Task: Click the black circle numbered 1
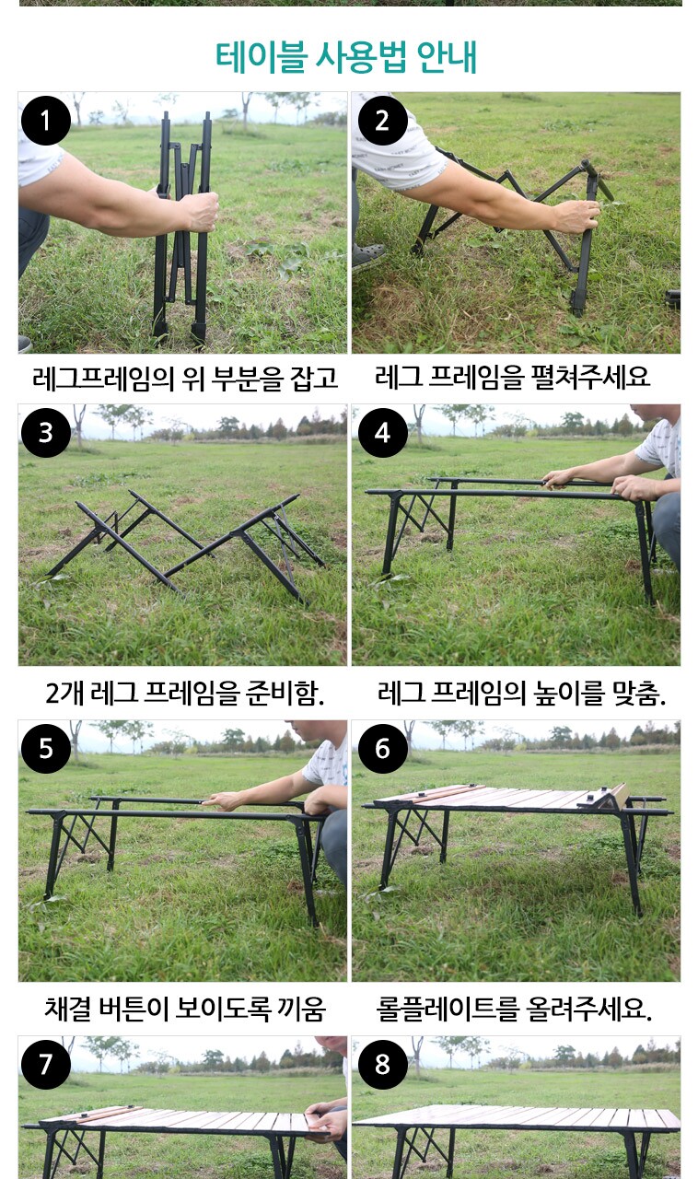coord(46,121)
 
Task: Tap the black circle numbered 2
coord(383,121)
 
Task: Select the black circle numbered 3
coord(46,433)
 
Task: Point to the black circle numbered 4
coord(383,433)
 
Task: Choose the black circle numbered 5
coord(46,749)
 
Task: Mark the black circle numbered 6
coord(383,749)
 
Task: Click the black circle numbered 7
coord(46,1064)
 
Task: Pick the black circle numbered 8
coord(383,1064)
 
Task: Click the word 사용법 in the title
coord(361,56)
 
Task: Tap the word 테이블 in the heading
coord(262,56)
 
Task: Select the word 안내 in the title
coord(447,56)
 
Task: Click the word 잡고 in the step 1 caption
coord(314,378)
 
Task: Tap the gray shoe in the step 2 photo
coord(367,257)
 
